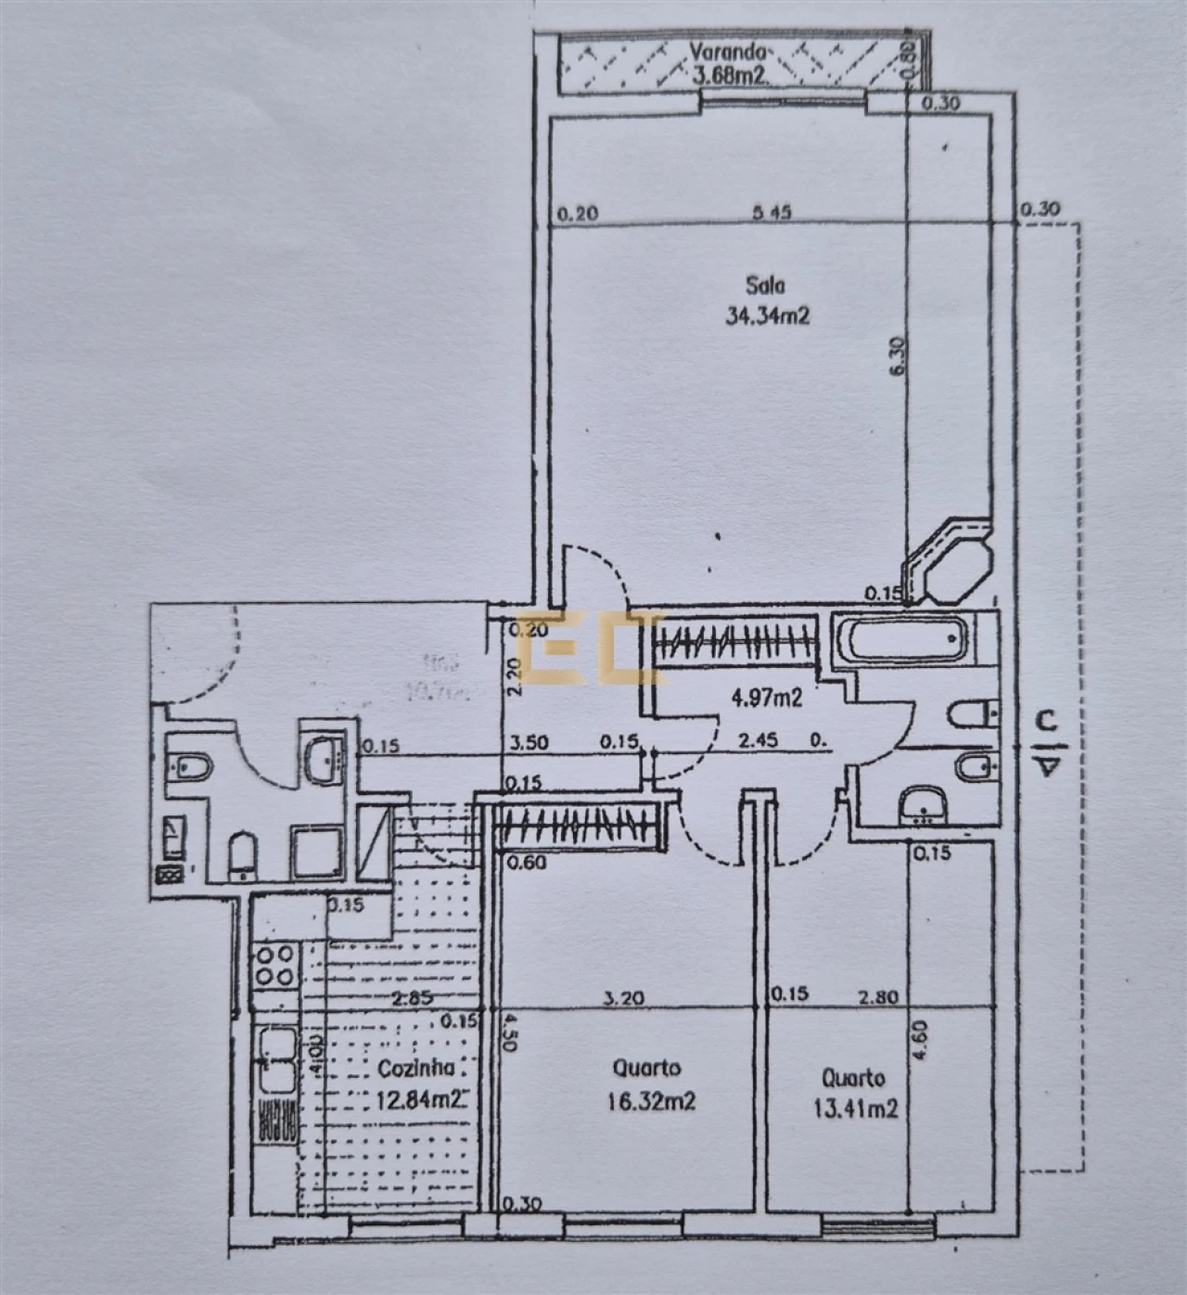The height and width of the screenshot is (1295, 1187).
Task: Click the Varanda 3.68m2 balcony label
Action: click(x=729, y=63)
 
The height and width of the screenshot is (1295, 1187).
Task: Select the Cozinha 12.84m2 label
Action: click(x=419, y=1083)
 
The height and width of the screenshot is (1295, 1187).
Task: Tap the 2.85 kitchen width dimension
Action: click(x=409, y=999)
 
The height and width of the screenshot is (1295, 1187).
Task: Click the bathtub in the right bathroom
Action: click(x=900, y=639)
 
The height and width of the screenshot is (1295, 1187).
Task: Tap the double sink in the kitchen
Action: click(x=275, y=1058)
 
